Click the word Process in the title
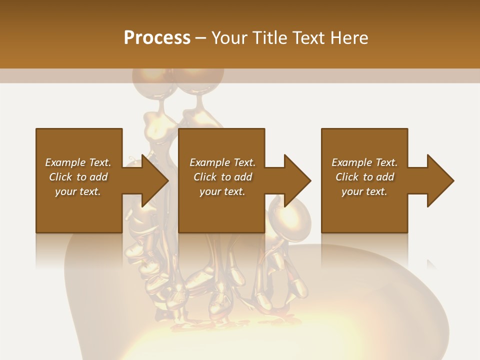click(157, 38)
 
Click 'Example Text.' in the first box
click(78, 162)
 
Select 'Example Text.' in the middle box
click(222, 162)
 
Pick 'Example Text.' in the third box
click(364, 162)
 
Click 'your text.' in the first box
click(78, 191)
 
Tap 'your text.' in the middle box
click(222, 191)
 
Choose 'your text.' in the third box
click(364, 191)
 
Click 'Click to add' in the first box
click(78, 177)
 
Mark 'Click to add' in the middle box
click(222, 177)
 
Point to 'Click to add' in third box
click(364, 177)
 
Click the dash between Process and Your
click(200, 38)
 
